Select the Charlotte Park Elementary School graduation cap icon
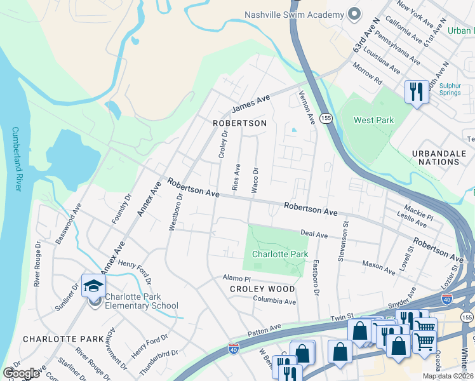[93, 285]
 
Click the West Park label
[373, 120]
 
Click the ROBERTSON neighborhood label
[239, 123]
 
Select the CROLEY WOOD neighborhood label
[262, 289]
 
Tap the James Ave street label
[251, 103]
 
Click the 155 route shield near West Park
[326, 119]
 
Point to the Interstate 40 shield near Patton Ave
[234, 348]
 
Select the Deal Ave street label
[314, 235]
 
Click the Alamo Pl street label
[237, 278]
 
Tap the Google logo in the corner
[21, 373]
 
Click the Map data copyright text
[447, 376]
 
